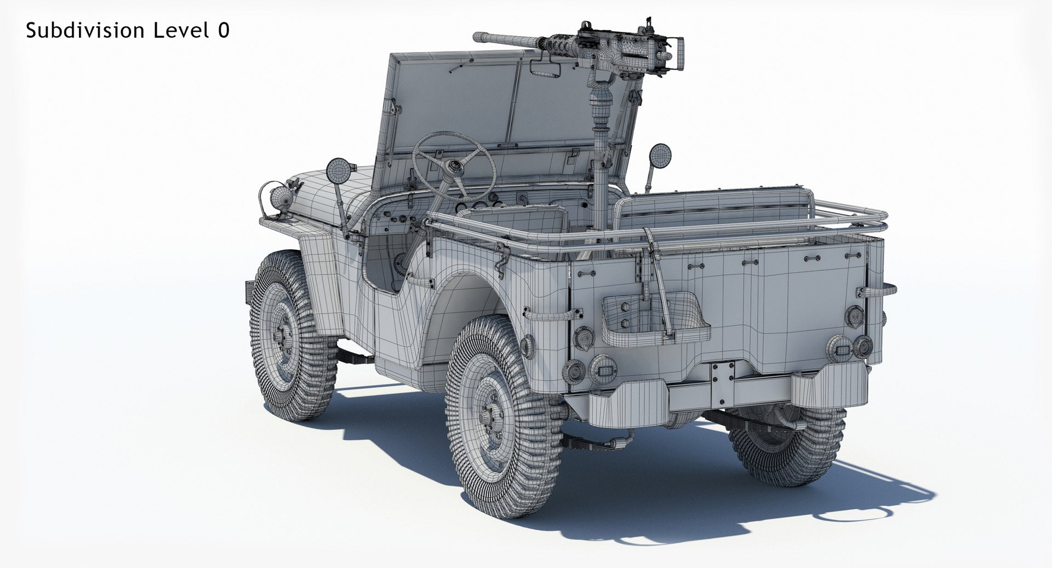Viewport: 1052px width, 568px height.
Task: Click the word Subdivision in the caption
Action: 86,31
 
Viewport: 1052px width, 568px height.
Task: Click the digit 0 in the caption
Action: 224,31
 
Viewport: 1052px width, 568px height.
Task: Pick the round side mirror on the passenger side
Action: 659,155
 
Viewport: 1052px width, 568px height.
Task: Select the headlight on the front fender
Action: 281,196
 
